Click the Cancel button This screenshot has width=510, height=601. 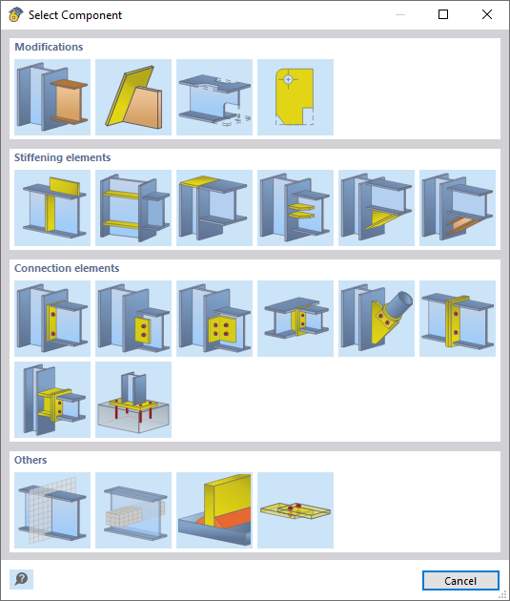point(460,581)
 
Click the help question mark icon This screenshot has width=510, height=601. point(21,579)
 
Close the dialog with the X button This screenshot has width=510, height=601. point(487,14)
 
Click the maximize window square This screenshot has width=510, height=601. point(443,14)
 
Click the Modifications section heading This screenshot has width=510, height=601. point(49,47)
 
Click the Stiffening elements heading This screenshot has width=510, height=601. point(62,157)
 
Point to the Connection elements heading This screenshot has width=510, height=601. point(67,268)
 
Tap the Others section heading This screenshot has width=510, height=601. point(31,460)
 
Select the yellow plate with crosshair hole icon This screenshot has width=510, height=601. point(296,97)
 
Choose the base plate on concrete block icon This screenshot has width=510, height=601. point(133,400)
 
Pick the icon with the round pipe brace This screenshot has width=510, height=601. point(377,319)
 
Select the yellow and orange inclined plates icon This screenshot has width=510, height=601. point(133,97)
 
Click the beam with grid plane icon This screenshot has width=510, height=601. point(52,510)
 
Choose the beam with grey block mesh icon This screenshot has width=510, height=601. point(133,510)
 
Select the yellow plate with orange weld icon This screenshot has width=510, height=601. point(214,510)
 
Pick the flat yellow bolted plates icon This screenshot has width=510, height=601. point(296,510)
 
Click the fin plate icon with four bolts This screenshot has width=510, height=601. point(214,319)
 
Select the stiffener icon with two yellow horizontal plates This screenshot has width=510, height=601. point(133,208)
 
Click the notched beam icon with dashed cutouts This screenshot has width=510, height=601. point(214,97)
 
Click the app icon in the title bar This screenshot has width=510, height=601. point(15,14)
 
